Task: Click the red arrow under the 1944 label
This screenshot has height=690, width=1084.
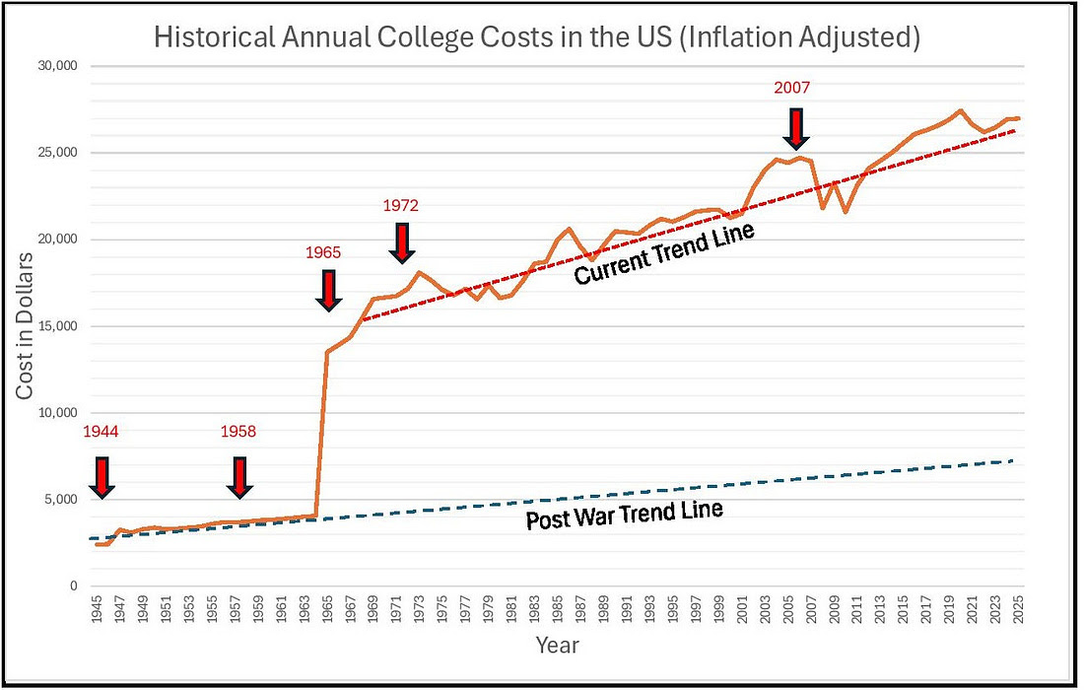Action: [101, 476]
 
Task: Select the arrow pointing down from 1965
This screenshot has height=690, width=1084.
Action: [330, 290]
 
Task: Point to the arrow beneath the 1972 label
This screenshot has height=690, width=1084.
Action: [401, 242]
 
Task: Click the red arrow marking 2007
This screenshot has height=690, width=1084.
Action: [793, 128]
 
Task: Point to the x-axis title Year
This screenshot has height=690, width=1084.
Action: [557, 647]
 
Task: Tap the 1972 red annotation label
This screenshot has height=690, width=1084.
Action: [401, 205]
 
